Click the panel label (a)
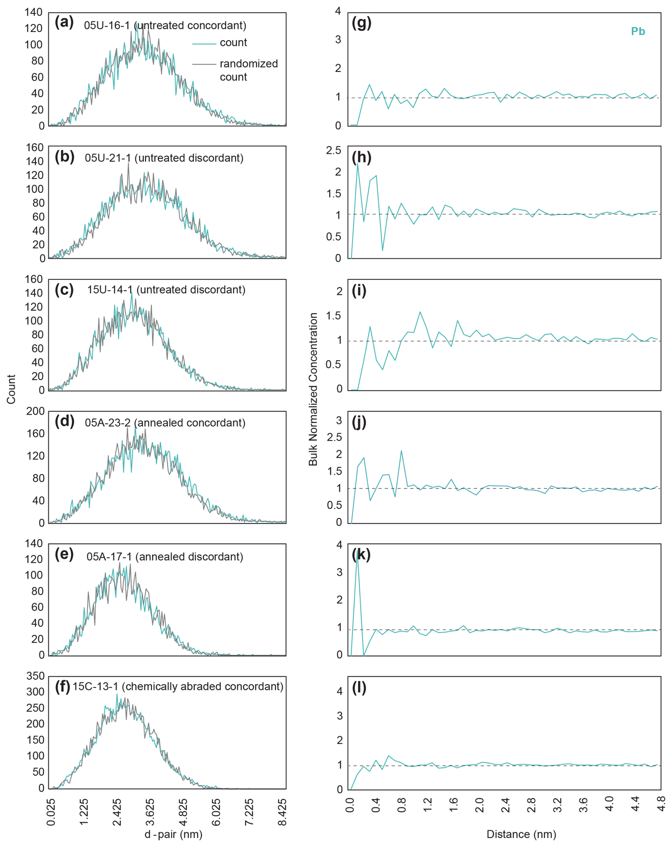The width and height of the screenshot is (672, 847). coord(64,22)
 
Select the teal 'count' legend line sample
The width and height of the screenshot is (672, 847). coord(204,43)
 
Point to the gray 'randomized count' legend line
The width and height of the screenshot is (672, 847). coord(204,64)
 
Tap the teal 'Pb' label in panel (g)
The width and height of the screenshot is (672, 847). coord(638,31)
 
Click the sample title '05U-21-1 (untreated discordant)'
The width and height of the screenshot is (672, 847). coord(164,158)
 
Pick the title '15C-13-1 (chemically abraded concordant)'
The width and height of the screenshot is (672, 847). coord(178,686)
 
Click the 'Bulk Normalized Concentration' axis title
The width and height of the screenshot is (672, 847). coord(313,389)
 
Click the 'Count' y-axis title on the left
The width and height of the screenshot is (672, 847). coord(11,389)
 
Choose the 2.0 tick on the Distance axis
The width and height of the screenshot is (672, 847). coord(479,805)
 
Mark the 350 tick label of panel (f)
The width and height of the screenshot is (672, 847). coord(36,676)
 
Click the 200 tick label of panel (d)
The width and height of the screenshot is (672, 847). coord(36,411)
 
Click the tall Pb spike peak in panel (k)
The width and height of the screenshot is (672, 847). coord(357,553)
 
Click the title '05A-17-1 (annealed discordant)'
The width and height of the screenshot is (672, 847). coord(164,557)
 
